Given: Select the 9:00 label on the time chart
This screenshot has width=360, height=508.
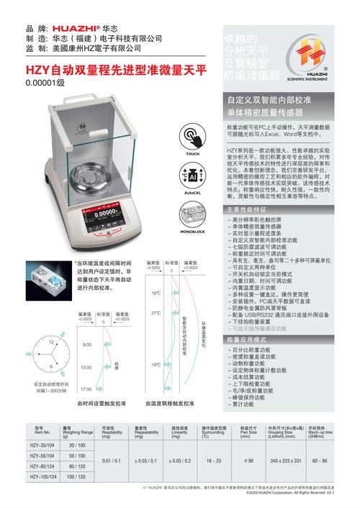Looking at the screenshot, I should [87, 346].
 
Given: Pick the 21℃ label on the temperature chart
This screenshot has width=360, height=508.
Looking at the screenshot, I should [156, 313].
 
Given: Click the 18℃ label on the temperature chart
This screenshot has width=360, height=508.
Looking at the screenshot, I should [156, 294].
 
